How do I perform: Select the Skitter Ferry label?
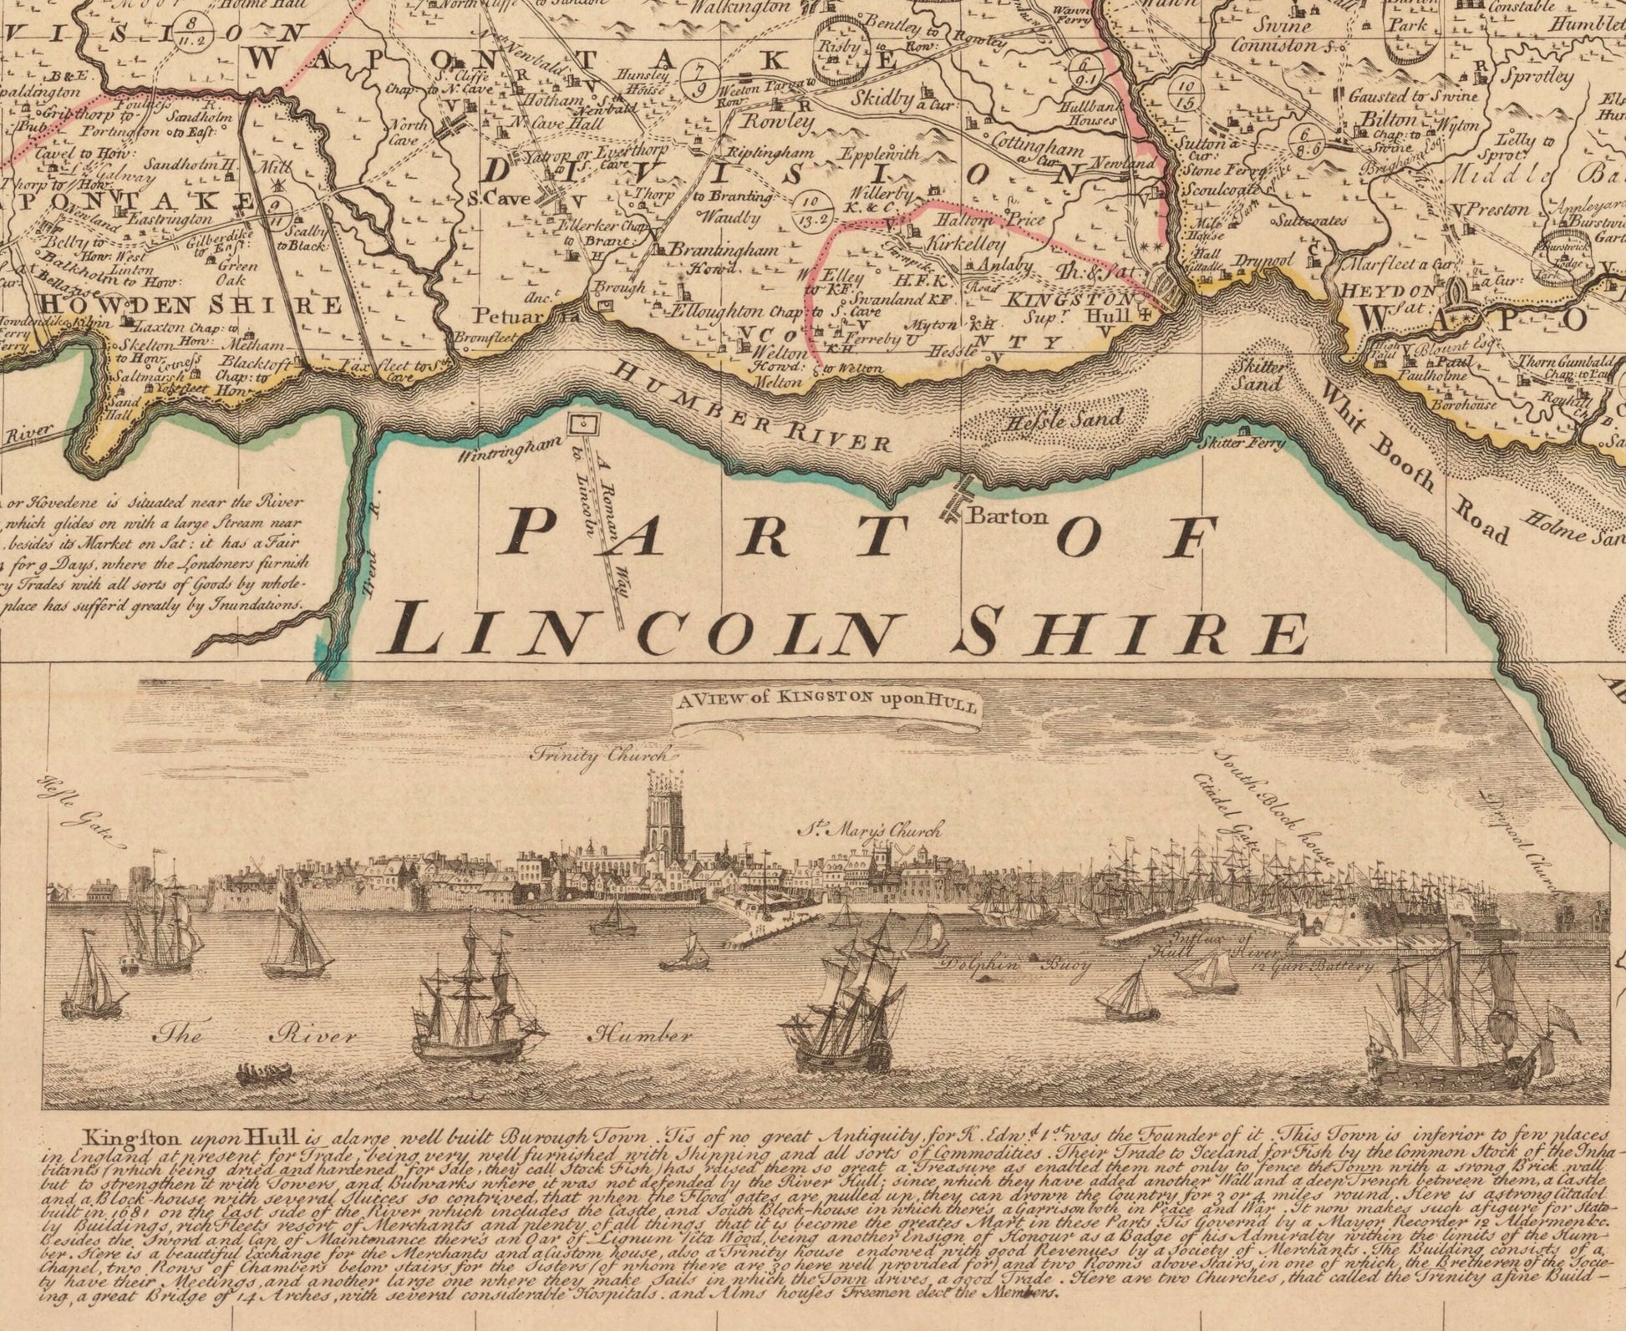click(x=1242, y=443)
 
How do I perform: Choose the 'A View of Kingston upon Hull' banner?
click(x=827, y=704)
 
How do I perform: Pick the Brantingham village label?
click(x=724, y=249)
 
